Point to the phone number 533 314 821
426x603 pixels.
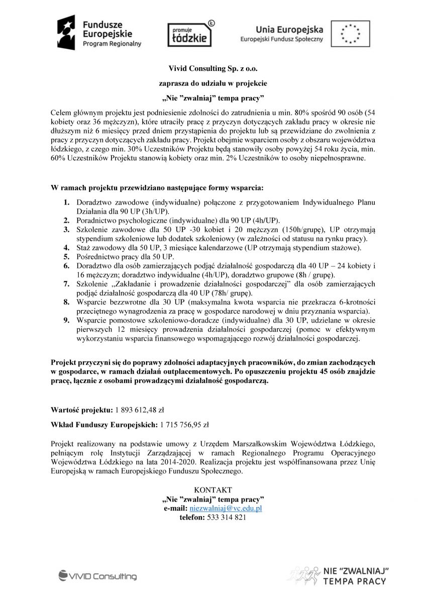[227, 518]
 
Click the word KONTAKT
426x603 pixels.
[213, 489]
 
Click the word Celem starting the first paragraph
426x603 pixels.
[62, 111]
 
